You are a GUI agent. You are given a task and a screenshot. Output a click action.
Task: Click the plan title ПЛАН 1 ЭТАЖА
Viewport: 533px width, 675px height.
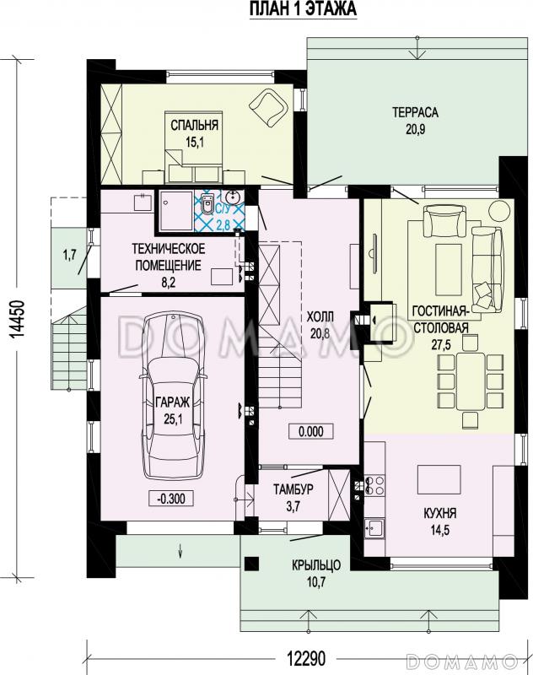point(304,9)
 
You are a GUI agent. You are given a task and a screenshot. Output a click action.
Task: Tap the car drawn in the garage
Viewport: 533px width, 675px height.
point(173,395)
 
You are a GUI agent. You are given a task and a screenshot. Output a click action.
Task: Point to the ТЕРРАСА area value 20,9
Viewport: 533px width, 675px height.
point(415,129)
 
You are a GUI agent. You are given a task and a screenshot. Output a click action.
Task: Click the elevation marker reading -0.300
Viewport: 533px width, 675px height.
point(171,499)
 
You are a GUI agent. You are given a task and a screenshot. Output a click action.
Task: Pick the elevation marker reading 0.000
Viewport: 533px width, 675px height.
point(311,431)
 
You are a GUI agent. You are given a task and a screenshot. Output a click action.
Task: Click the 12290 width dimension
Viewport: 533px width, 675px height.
point(306,658)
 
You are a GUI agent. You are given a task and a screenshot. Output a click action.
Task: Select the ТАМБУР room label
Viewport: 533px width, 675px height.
point(293,489)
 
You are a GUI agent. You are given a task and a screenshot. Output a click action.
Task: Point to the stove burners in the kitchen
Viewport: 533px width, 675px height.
point(374,485)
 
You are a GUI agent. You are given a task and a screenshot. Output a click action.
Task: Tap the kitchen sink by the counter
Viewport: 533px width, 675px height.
point(374,528)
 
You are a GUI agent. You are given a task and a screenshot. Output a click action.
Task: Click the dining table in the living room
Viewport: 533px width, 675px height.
point(471,381)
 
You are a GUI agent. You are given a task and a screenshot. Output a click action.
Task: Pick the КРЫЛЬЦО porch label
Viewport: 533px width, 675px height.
point(316,564)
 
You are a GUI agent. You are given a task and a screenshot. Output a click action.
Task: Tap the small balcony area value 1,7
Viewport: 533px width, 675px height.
point(70,256)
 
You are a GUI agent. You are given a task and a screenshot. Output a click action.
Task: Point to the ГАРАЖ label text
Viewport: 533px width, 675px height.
point(173,402)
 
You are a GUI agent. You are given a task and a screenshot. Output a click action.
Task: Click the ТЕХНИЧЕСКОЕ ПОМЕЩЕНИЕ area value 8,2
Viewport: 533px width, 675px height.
point(168,283)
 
